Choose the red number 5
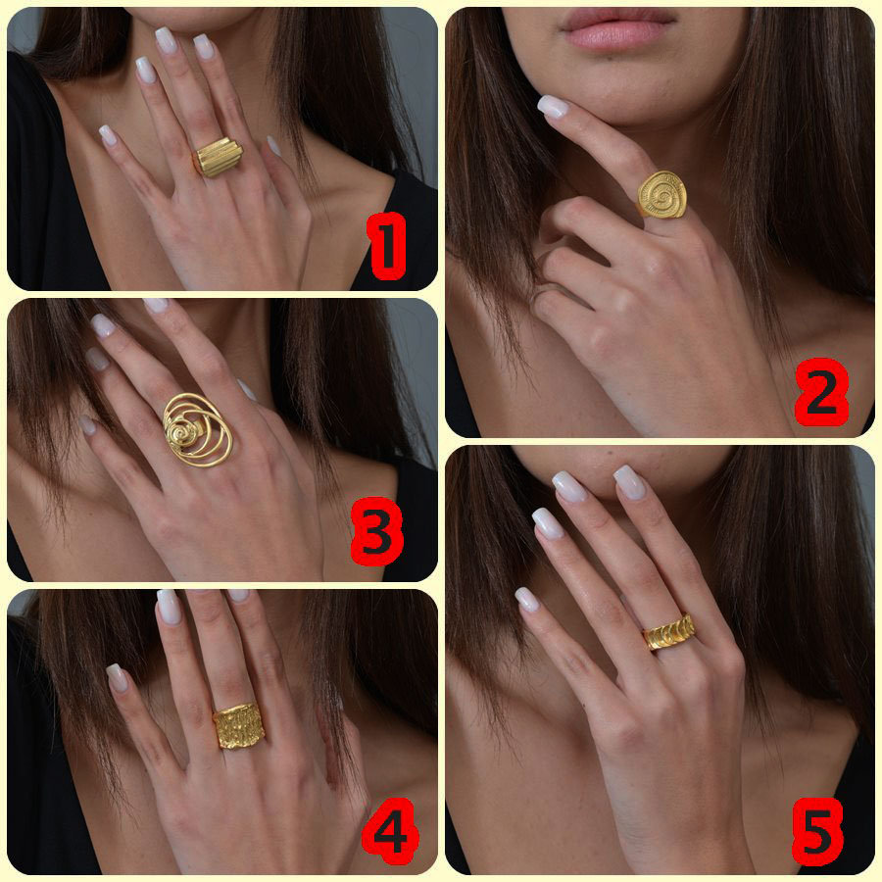[816, 832]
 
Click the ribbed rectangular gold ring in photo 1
[218, 157]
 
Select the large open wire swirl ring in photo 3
[197, 429]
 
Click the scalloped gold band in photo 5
[669, 632]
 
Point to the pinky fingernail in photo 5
[526, 599]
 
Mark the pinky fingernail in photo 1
[107, 134]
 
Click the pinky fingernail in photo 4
[117, 676]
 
